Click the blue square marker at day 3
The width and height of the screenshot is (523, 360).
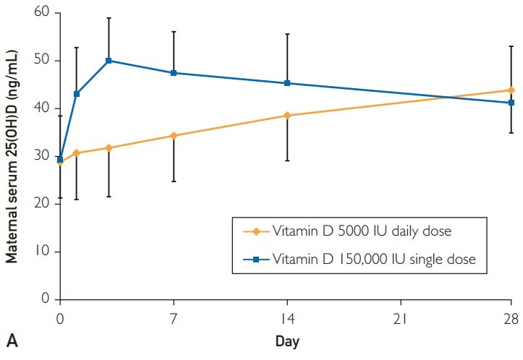[109, 61]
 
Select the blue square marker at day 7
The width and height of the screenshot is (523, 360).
[174, 73]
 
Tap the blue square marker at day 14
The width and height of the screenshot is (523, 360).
[287, 83]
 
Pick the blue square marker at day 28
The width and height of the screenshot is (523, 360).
[512, 103]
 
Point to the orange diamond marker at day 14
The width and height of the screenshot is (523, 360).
[287, 116]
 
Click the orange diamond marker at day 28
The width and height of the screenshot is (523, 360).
[512, 90]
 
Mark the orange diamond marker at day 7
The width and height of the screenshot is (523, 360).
[174, 135]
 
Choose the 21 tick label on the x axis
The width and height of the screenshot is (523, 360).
[400, 317]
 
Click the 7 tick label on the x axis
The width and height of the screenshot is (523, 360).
[174, 317]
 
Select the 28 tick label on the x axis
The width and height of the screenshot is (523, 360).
[512, 317]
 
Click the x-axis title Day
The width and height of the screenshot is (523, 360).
[286, 340]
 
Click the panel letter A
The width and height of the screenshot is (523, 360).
[10, 340]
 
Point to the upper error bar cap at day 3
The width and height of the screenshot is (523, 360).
[109, 18]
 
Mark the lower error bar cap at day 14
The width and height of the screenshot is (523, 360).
[287, 160]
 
